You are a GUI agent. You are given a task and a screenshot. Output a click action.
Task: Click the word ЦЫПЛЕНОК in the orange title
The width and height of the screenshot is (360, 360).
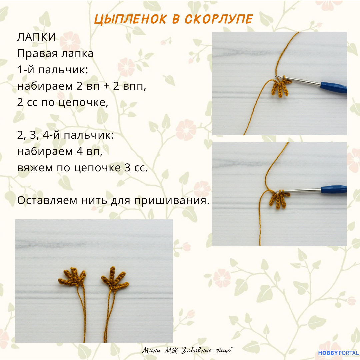coord(130,19)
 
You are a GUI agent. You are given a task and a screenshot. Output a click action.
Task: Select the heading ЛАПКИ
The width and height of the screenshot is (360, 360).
coord(37,37)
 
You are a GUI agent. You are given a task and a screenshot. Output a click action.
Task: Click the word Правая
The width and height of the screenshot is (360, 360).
coord(37,54)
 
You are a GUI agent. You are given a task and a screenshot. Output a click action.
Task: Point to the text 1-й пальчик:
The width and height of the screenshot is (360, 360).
coord(53,70)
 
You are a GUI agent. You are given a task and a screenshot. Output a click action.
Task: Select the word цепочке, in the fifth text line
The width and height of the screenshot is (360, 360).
coord(83,103)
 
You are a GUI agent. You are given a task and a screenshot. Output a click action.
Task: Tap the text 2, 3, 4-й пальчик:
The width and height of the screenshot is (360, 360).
coord(65,135)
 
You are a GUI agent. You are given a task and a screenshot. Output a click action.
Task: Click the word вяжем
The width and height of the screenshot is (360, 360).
coord(35,168)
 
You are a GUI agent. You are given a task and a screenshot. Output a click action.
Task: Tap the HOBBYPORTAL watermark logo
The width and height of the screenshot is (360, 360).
coord(338,353)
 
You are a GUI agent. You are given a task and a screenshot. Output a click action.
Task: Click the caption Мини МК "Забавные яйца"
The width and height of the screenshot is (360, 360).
coord(187,350)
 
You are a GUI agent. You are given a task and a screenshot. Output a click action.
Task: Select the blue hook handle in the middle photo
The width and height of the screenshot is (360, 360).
coord(334,189)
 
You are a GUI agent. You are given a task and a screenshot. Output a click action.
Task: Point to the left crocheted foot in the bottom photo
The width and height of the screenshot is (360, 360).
coord(72,277)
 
